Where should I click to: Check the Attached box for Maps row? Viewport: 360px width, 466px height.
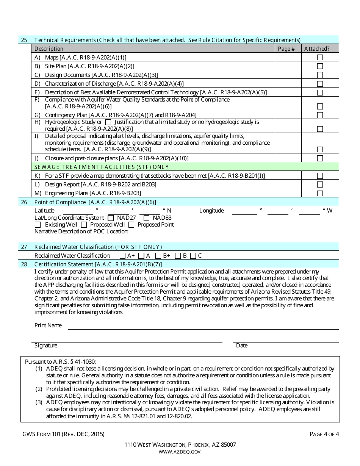[320, 57]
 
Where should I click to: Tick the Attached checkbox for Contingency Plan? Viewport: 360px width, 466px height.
[320, 115]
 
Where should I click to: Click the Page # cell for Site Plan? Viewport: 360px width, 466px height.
[288, 66]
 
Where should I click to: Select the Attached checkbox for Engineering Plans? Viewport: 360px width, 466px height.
[320, 193]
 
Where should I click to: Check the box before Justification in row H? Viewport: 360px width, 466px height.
[108, 122]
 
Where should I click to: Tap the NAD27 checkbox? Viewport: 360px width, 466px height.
[111, 218]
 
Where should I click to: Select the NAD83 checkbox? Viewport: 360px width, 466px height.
[146, 218]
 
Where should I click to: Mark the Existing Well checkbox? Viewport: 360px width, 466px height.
[38, 225]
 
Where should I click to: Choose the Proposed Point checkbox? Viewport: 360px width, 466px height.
[131, 225]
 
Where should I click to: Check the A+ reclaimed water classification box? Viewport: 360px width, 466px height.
[122, 256]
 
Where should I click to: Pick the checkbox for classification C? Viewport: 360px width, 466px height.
[193, 256]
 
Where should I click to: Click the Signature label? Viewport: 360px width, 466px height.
[46, 346]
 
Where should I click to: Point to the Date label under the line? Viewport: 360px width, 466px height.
[242, 346]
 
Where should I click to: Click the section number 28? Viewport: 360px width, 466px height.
[24, 264]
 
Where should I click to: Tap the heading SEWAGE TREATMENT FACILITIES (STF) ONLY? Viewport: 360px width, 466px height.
[102, 167]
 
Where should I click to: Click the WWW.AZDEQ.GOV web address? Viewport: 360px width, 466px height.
[180, 452]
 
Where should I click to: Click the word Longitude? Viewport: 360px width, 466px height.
[211, 211]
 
